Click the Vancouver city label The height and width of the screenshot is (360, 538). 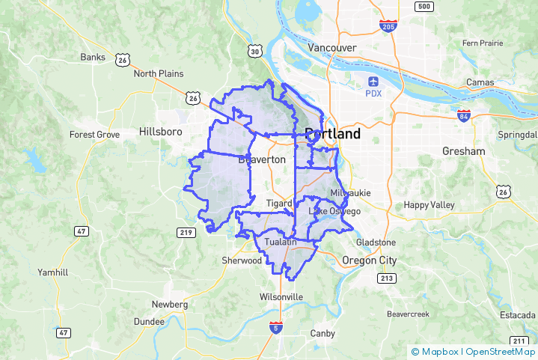tap(332, 47)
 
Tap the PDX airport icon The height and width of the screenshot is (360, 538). tap(373, 81)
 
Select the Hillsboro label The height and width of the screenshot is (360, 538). tap(161, 132)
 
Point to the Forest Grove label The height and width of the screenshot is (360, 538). tap(94, 135)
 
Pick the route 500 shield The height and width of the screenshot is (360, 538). tap(424, 7)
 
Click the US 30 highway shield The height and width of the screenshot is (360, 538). tap(255, 51)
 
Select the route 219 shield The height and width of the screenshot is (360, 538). tap(186, 233)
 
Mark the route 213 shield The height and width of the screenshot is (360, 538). tap(387, 278)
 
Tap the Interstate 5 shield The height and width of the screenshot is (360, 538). tap(276, 327)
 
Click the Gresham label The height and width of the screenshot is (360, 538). tap(463, 151)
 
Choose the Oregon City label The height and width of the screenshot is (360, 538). tap(369, 260)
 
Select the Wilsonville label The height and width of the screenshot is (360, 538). tap(281, 297)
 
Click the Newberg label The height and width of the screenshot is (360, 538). tap(170, 305)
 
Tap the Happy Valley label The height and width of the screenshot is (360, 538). tap(429, 205)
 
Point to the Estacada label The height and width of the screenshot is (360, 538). tap(519, 316)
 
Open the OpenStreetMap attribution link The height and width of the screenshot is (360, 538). tap(500, 351)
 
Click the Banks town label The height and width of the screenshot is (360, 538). tap(94, 57)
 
